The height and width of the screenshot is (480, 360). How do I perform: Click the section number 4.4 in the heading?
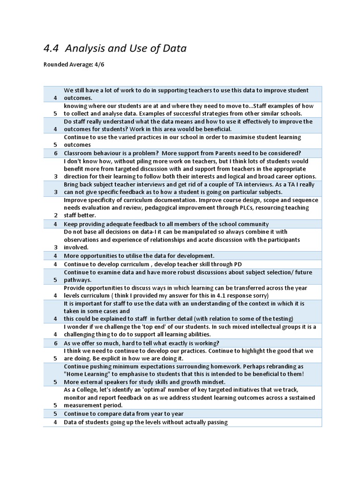(51, 48)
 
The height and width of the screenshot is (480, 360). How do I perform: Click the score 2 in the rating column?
(55, 216)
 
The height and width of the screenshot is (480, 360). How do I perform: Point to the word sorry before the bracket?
(258, 295)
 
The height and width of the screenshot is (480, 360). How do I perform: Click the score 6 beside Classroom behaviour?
(55, 153)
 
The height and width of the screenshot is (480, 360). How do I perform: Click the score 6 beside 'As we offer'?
(55, 343)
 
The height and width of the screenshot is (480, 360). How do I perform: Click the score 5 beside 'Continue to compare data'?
(55, 414)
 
